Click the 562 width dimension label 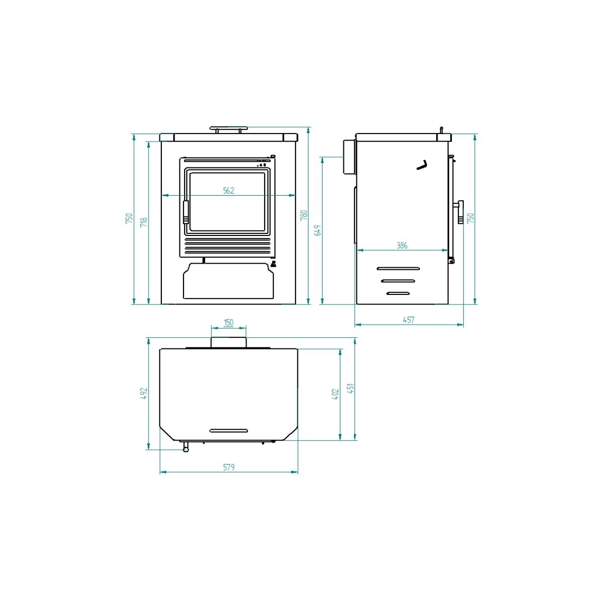[x=228, y=191]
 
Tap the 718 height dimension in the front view [x=144, y=222]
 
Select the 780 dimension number [x=304, y=215]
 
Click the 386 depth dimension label [x=402, y=246]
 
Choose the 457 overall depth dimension [x=409, y=320]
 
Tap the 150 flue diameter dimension [x=228, y=323]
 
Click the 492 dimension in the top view [x=144, y=393]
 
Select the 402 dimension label [x=335, y=394]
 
